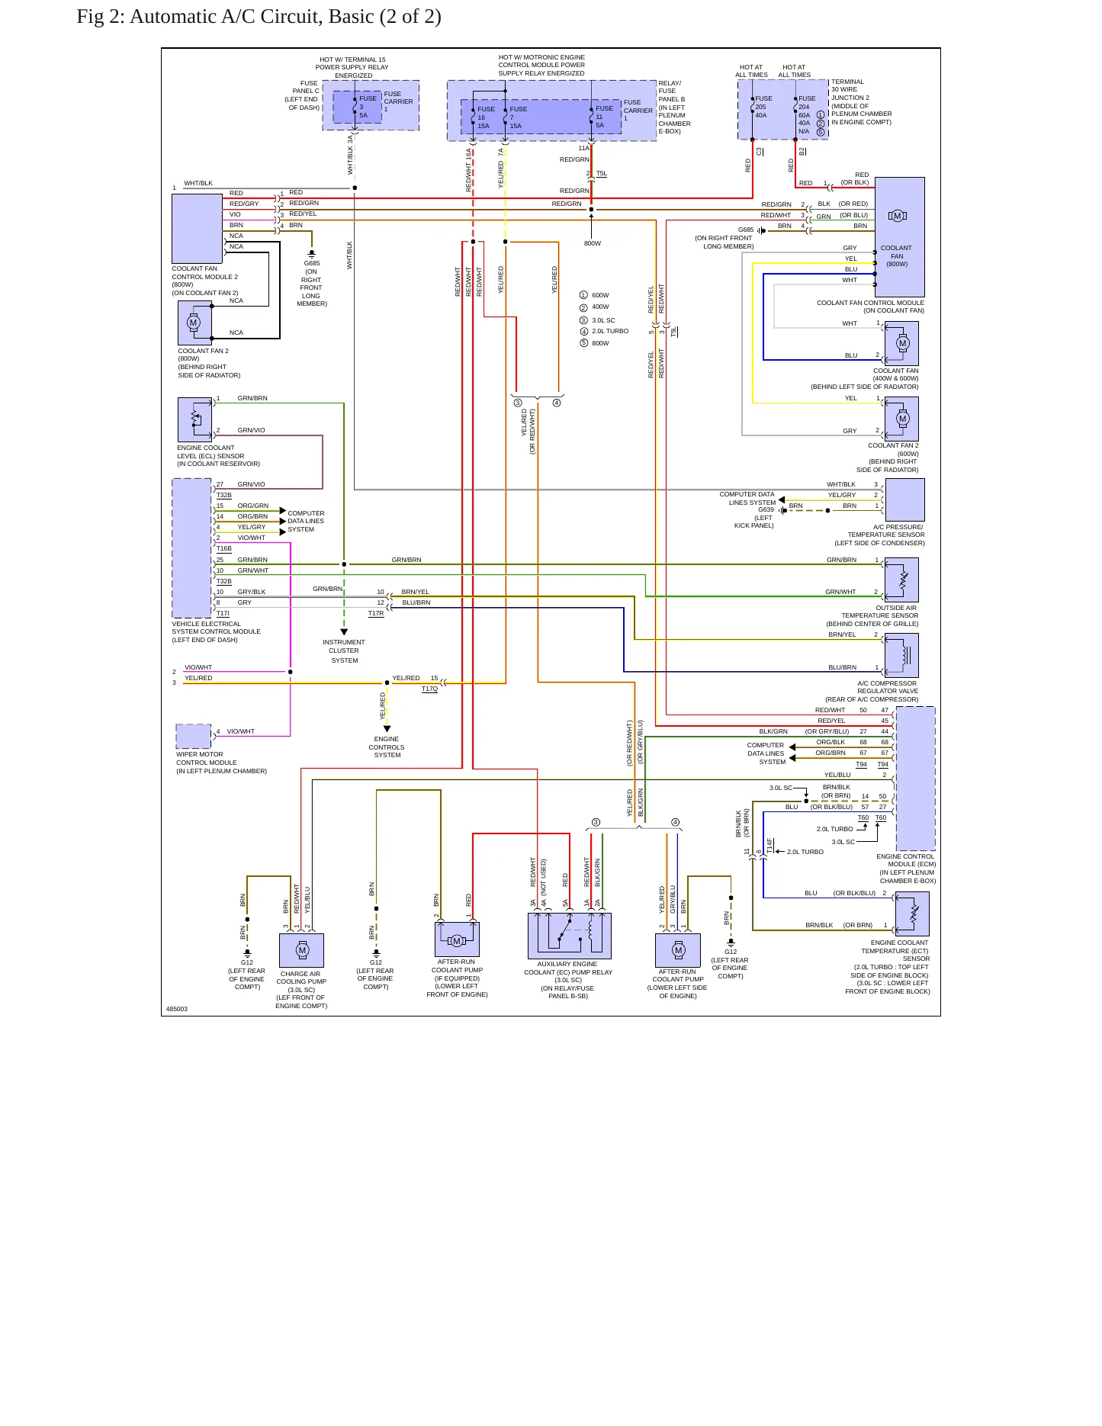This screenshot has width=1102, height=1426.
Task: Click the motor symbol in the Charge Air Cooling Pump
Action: [302, 950]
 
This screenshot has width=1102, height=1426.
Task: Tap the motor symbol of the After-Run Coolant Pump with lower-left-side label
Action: [678, 950]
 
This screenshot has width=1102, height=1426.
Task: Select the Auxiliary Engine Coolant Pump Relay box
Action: [569, 936]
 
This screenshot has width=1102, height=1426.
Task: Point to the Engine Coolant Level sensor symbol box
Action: [194, 419]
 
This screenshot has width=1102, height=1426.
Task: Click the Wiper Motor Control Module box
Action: [194, 737]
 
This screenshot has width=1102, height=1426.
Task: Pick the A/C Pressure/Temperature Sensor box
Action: [904, 499]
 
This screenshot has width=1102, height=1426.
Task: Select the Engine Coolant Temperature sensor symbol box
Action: [912, 914]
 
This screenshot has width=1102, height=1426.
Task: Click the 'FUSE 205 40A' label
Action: [763, 107]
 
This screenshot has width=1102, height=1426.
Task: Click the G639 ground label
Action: [766, 509]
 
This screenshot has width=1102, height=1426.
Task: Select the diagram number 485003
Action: [177, 1009]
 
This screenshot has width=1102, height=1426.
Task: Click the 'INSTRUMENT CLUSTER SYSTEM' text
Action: [344, 651]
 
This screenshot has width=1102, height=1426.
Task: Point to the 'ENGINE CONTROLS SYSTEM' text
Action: [387, 747]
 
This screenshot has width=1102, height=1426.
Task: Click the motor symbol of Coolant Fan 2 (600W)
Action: [903, 419]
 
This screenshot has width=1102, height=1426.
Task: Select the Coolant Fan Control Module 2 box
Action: [197, 229]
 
